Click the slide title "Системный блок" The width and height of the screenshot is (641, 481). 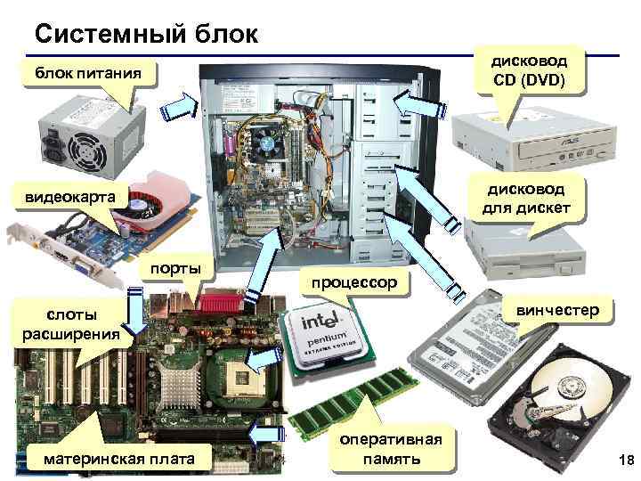point(146,34)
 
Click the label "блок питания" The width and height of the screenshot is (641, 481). point(88,71)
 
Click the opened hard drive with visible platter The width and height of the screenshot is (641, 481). point(561,401)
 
